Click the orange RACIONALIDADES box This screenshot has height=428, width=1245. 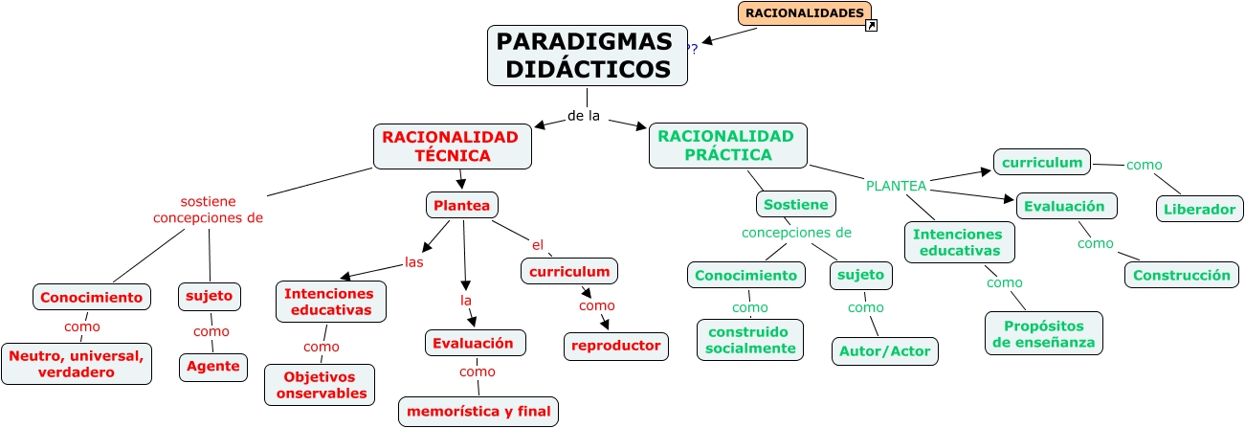coord(804,13)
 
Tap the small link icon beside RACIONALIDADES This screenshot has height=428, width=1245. coord(871,26)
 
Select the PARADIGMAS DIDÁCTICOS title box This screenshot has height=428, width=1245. coord(587,56)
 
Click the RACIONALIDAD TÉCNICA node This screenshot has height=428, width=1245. coord(451,146)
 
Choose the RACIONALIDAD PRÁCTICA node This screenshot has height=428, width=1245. coord(726,146)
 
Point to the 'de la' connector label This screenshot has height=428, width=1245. coord(584,116)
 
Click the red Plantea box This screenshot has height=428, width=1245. coord(461,205)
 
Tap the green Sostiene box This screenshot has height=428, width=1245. coord(796,205)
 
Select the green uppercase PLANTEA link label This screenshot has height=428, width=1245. coord(896,186)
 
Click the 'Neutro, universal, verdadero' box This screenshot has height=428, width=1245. coord(77,364)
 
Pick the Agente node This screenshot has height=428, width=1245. coord(212,367)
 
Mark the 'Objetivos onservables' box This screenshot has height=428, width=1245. coord(319,385)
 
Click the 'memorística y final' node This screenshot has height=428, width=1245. coord(478,412)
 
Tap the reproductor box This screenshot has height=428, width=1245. coord(615,346)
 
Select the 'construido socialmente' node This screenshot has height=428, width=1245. coord(750,340)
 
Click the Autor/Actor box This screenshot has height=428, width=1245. coord(884,351)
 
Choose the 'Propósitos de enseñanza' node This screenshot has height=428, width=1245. coord(1043,333)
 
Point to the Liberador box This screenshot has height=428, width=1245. coord(1200,209)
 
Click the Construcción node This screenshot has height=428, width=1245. coord(1181,275)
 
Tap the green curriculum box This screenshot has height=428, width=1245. coord(1042,163)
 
